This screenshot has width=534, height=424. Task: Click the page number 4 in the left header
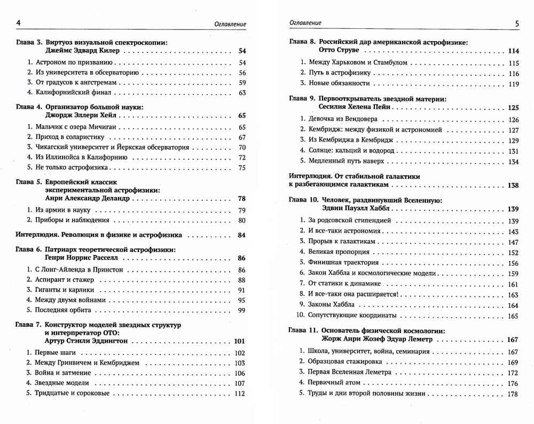tap(19, 24)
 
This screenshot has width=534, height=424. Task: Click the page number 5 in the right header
tap(517, 24)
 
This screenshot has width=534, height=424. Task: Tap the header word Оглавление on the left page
tap(231, 24)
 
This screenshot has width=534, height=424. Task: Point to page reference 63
tap(241, 93)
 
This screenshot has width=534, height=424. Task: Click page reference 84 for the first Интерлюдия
tap(241, 235)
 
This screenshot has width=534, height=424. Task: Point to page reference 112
tap(239, 394)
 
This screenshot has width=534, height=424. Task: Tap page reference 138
tap(513, 186)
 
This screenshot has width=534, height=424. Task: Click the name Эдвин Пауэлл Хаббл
tap(362, 209)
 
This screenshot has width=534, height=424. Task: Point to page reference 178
tap(513, 394)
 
